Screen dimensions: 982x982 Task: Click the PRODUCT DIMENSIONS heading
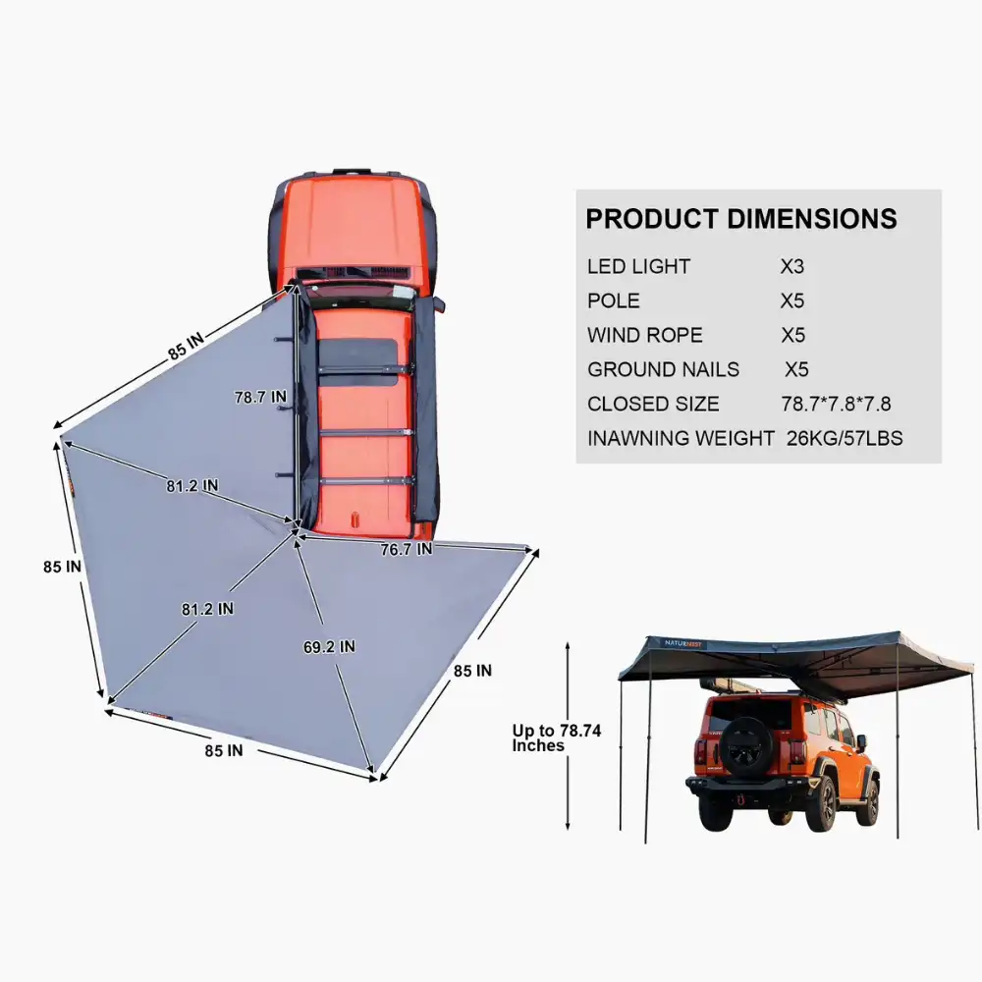tap(741, 218)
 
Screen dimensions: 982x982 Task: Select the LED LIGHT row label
tap(638, 266)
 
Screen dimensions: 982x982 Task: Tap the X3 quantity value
tap(792, 266)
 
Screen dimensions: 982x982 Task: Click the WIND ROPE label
tap(645, 335)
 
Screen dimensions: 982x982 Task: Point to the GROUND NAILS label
tap(663, 369)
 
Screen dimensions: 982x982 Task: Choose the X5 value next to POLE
tap(792, 300)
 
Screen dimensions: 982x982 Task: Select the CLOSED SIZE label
tap(653, 404)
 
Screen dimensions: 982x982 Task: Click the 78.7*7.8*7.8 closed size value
tap(836, 404)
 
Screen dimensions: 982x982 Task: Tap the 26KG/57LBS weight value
tap(845, 438)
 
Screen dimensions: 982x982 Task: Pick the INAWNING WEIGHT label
tap(681, 438)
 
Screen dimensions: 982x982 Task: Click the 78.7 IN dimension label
tap(260, 398)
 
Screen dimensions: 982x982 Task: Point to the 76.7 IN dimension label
tap(406, 550)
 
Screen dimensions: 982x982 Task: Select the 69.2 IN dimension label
tap(329, 647)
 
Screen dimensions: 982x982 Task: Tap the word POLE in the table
tap(614, 300)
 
